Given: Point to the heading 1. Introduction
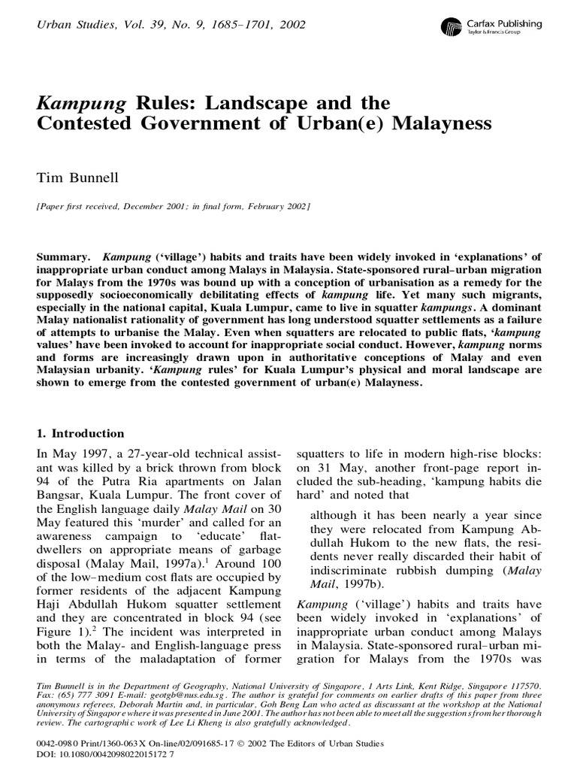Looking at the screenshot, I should pyautogui.click(x=80, y=434).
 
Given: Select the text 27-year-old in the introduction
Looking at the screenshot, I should pyautogui.click(x=141, y=455).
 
